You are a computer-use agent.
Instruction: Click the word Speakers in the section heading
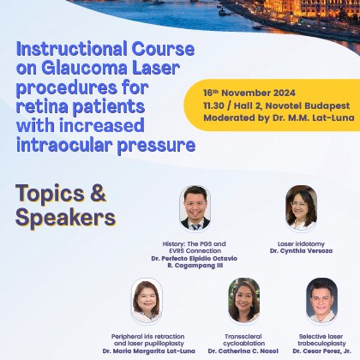pos(64,217)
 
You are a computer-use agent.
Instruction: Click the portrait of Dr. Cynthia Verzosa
pos(301,207)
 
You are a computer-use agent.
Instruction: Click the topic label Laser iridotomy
pos(302,242)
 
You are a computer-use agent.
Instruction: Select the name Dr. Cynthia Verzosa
pos(302,250)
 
